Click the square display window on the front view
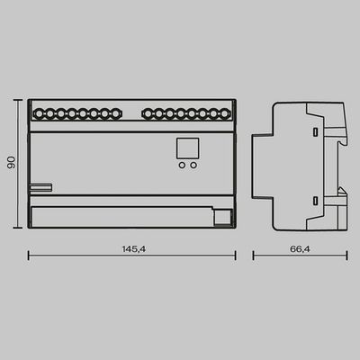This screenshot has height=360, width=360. click(x=187, y=148)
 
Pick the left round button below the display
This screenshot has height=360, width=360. click(x=182, y=166)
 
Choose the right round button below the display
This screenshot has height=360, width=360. click(x=193, y=166)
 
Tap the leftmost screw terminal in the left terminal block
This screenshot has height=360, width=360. click(x=40, y=114)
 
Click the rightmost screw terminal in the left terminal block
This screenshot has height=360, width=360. click(x=116, y=114)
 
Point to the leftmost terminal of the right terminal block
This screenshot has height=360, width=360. click(x=148, y=114)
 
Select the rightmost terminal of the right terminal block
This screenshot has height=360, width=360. click(x=224, y=114)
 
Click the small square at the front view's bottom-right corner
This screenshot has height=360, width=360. click(x=220, y=215)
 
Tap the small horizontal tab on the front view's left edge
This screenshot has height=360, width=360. click(x=40, y=188)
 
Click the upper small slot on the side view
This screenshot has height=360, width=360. click(x=314, y=132)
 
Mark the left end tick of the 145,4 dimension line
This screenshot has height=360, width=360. click(x=29, y=256)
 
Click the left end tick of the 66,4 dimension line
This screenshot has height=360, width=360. click(x=253, y=256)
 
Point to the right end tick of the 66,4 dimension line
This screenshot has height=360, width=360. click(x=346, y=256)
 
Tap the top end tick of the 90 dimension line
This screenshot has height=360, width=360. click(x=19, y=101)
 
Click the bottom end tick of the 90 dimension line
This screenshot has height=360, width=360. click(x=19, y=227)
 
